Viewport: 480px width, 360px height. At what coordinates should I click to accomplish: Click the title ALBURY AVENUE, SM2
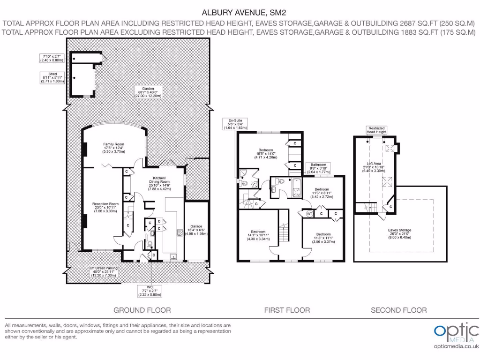pos(240,13)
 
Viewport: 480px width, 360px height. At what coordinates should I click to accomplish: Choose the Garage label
pos(196,229)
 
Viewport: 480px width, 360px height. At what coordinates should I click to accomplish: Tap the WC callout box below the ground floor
pos(150,291)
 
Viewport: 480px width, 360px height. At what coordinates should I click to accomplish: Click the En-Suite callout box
pos(235,124)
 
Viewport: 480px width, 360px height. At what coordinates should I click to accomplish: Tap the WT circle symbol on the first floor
pos(309,214)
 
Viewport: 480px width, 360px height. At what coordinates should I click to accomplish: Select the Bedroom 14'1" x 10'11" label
pos(258,235)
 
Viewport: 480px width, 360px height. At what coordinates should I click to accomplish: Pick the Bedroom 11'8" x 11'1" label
pos(323,238)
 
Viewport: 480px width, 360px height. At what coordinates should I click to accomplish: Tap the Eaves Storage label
pos(399,233)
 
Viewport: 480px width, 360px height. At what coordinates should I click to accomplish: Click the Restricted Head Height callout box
pos(377,130)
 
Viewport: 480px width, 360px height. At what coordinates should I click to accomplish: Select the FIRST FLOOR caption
pos(287,310)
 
